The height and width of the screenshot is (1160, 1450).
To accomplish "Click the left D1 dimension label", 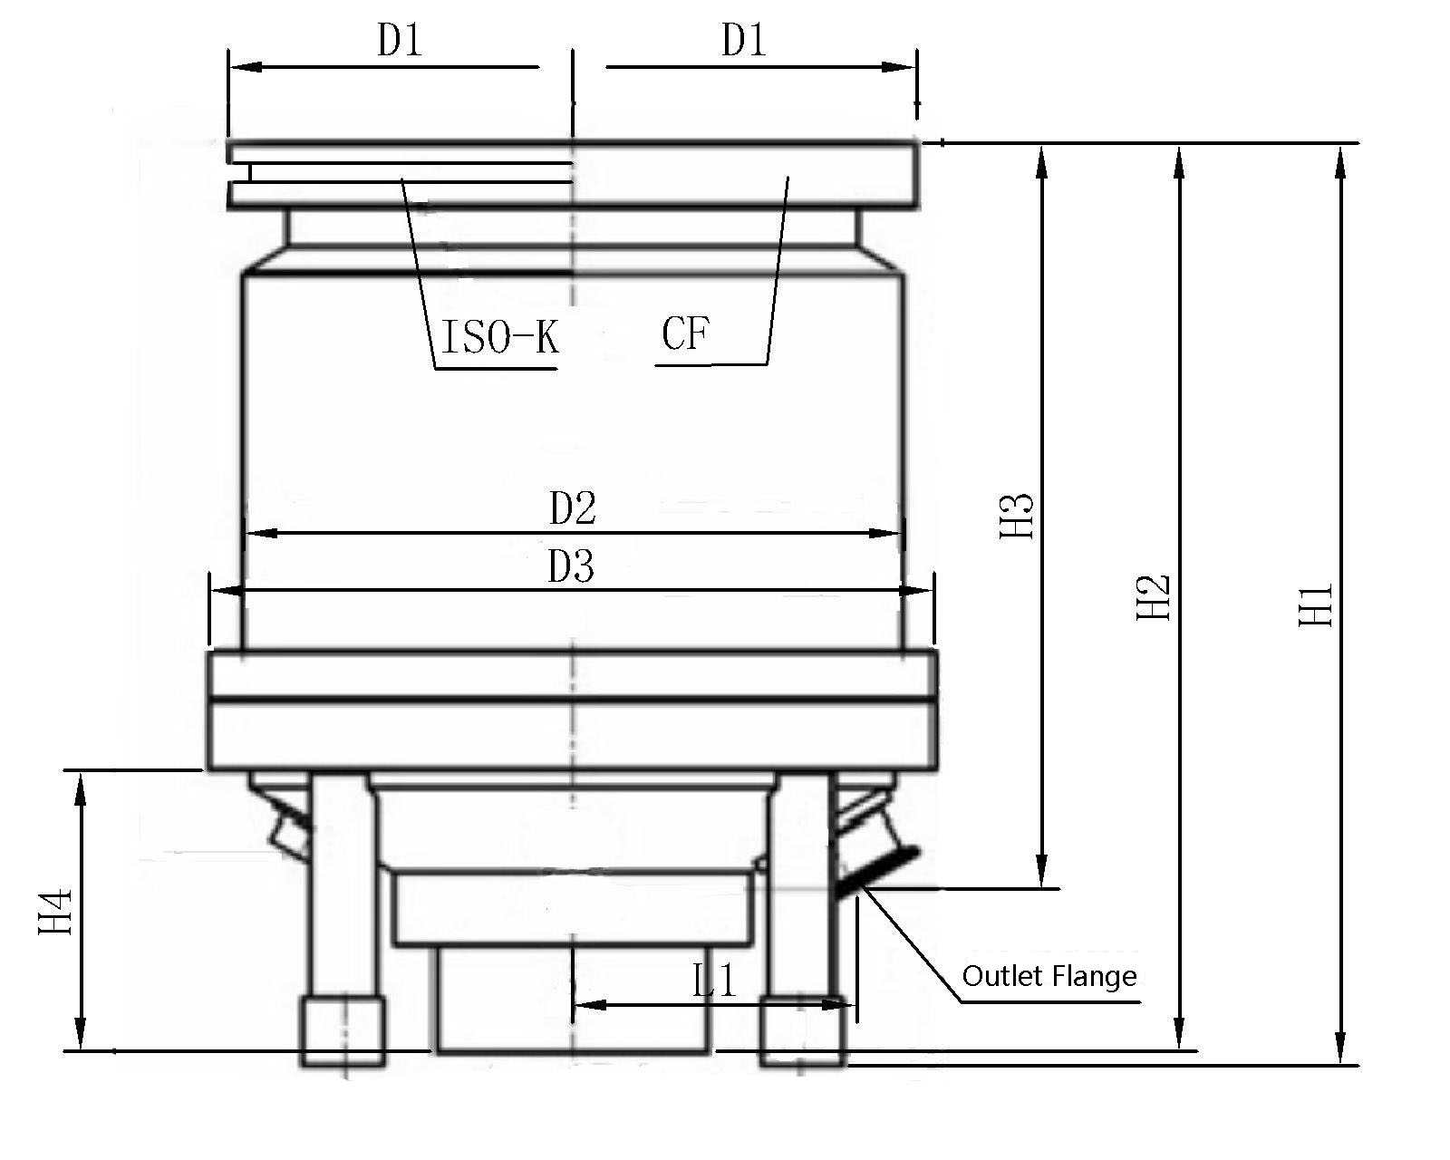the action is (400, 40).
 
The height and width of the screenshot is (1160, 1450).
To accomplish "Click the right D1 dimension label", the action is (744, 40).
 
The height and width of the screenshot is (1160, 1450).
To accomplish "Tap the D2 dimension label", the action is (573, 508).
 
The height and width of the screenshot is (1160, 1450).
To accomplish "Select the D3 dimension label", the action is (571, 566).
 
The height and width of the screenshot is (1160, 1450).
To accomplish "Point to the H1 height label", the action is (1315, 604).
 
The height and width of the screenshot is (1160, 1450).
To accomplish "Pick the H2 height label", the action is (1154, 597).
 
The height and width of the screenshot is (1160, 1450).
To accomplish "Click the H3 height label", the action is (1016, 516).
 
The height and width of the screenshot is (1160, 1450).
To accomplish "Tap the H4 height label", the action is (54, 912).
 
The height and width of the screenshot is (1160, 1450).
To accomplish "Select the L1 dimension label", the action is (714, 980).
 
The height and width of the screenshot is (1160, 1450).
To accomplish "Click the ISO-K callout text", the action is (500, 336).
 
